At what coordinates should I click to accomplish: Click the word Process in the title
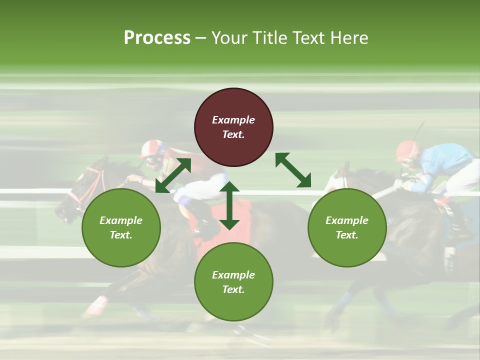(x=157, y=38)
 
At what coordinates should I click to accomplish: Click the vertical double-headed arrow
(x=229, y=205)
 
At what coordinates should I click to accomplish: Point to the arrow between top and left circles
(x=173, y=175)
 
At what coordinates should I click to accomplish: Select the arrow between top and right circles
(x=293, y=170)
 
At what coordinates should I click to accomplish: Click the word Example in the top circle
(x=233, y=120)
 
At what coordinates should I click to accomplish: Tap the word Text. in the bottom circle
(x=233, y=289)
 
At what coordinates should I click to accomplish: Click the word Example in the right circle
(x=347, y=220)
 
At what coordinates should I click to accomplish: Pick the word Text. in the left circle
(x=121, y=235)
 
